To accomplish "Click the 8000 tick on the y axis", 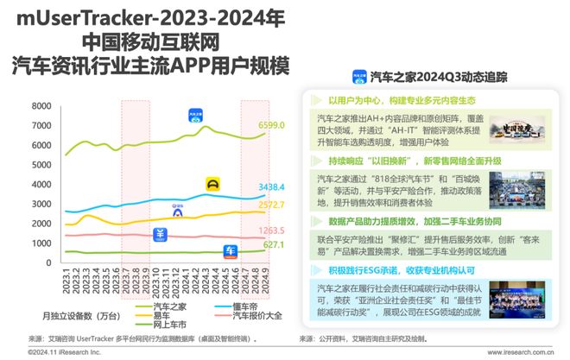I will (41, 106).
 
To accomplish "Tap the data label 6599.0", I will (271, 125).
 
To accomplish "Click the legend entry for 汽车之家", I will (168, 306).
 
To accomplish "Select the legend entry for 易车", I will (161, 316).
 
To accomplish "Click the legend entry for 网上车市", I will (168, 326).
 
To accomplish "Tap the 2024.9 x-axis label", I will (263, 281).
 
